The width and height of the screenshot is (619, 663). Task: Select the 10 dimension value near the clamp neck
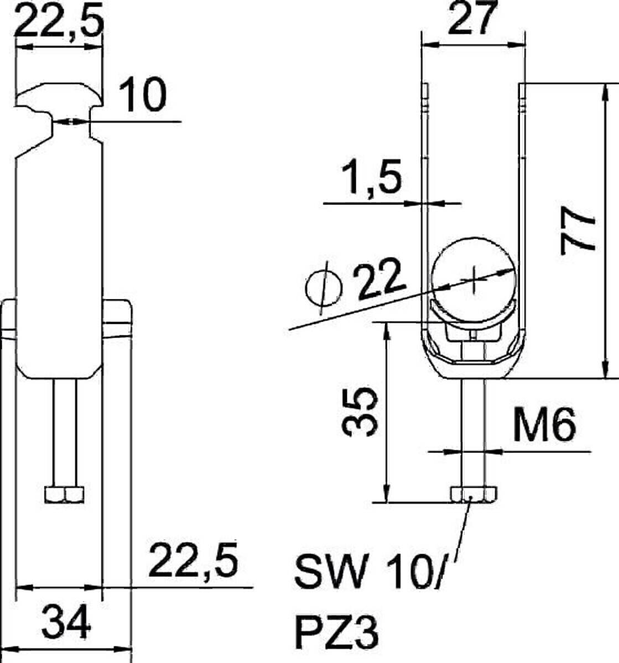pos(143,94)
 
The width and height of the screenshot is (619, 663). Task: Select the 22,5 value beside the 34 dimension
pos(194,561)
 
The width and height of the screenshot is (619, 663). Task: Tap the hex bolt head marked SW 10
pos(474,494)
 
